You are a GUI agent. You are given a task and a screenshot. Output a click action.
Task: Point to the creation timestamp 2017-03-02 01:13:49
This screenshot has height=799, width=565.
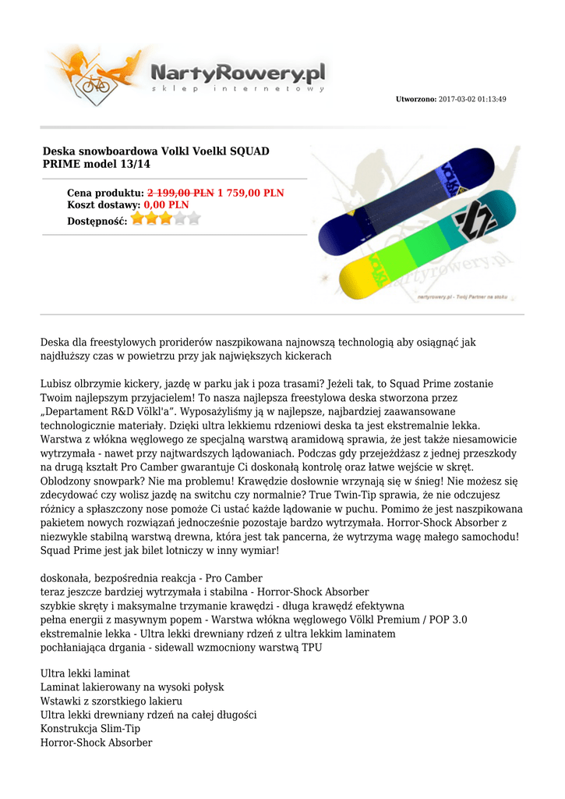(473, 99)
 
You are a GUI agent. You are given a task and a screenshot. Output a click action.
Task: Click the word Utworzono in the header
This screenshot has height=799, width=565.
(416, 99)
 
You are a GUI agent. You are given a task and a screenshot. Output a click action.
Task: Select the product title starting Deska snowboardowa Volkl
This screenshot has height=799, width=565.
(156, 158)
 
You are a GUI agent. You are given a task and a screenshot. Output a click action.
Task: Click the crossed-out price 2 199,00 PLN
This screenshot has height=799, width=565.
(181, 193)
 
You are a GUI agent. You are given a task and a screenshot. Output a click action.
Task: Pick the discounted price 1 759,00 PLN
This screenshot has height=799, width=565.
(250, 193)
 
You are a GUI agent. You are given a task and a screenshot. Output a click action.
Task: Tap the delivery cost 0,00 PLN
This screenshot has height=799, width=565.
(166, 204)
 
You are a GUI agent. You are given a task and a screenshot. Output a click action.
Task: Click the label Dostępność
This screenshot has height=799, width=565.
(97, 221)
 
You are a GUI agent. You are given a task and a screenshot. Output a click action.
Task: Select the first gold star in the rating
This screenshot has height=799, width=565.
(138, 218)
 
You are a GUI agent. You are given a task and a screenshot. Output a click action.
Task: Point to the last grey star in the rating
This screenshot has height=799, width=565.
(194, 218)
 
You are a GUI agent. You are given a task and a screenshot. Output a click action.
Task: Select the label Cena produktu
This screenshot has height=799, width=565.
(105, 193)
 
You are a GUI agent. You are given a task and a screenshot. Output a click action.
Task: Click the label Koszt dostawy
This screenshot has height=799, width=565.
(104, 204)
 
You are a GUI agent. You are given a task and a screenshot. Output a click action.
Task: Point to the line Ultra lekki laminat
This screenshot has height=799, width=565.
(85, 673)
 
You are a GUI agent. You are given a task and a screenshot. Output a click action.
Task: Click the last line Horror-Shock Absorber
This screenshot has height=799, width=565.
(96, 743)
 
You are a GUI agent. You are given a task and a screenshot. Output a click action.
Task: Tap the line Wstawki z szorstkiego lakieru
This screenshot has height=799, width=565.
(105, 701)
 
